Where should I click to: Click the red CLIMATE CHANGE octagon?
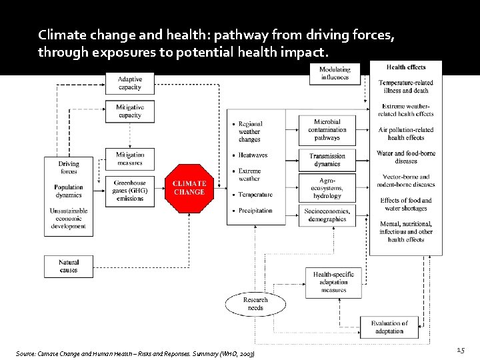(189, 188)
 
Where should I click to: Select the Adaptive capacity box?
(129, 83)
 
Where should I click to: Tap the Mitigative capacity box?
(129, 111)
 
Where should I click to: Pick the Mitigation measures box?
(129, 159)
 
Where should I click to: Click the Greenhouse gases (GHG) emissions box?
(129, 190)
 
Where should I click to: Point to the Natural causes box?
(68, 266)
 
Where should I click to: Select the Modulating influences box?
(335, 73)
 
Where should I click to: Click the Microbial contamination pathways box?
(327, 130)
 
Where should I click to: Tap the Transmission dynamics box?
(327, 160)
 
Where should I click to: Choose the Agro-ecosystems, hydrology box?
(327, 188)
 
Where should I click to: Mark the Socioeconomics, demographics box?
(327, 215)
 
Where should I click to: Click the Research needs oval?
(255, 304)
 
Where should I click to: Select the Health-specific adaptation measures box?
(333, 282)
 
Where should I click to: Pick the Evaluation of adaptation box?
(389, 327)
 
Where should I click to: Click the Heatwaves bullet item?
(253, 155)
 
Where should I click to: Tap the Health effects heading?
(406, 67)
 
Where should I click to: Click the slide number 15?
(460, 350)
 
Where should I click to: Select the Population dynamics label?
(69, 191)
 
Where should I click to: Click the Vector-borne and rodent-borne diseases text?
(406, 181)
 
